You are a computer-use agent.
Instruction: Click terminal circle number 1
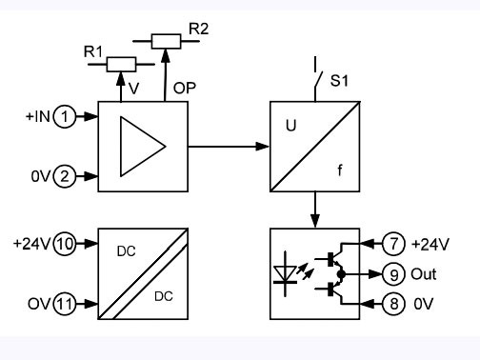[64, 118]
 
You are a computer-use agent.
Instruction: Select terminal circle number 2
[64, 175]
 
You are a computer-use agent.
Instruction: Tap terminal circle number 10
[65, 244]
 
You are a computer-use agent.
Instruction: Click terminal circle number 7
[394, 244]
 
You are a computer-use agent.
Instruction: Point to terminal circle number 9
[394, 273]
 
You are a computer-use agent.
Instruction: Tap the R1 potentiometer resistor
[120, 64]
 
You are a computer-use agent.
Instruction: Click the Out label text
[424, 274]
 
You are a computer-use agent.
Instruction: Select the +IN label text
[37, 118]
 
